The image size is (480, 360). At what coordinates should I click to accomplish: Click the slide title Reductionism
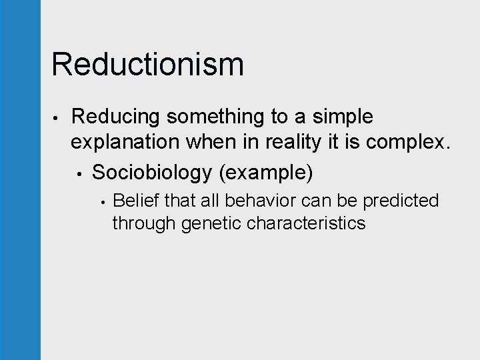click(x=147, y=65)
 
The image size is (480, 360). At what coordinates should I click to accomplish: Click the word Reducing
click(x=116, y=117)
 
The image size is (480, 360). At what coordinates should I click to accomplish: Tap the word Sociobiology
click(x=152, y=173)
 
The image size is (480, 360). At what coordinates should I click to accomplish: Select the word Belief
click(x=136, y=200)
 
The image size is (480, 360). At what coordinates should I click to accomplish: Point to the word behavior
click(x=255, y=200)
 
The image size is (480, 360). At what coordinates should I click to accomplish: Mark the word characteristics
click(x=306, y=223)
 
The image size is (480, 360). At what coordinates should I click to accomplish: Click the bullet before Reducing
click(x=58, y=119)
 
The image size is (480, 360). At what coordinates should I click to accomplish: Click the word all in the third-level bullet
click(x=206, y=200)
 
